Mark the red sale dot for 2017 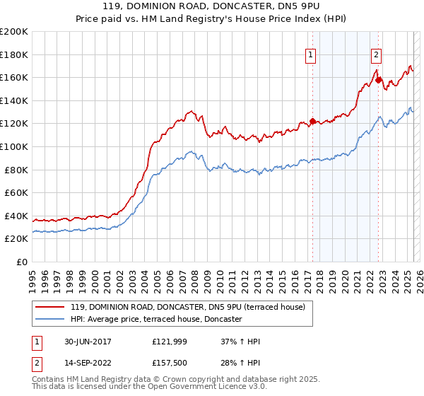(x=312, y=121)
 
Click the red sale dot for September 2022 (x=378, y=80)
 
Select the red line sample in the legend (x=49, y=307)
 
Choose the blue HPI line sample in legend (x=49, y=319)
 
